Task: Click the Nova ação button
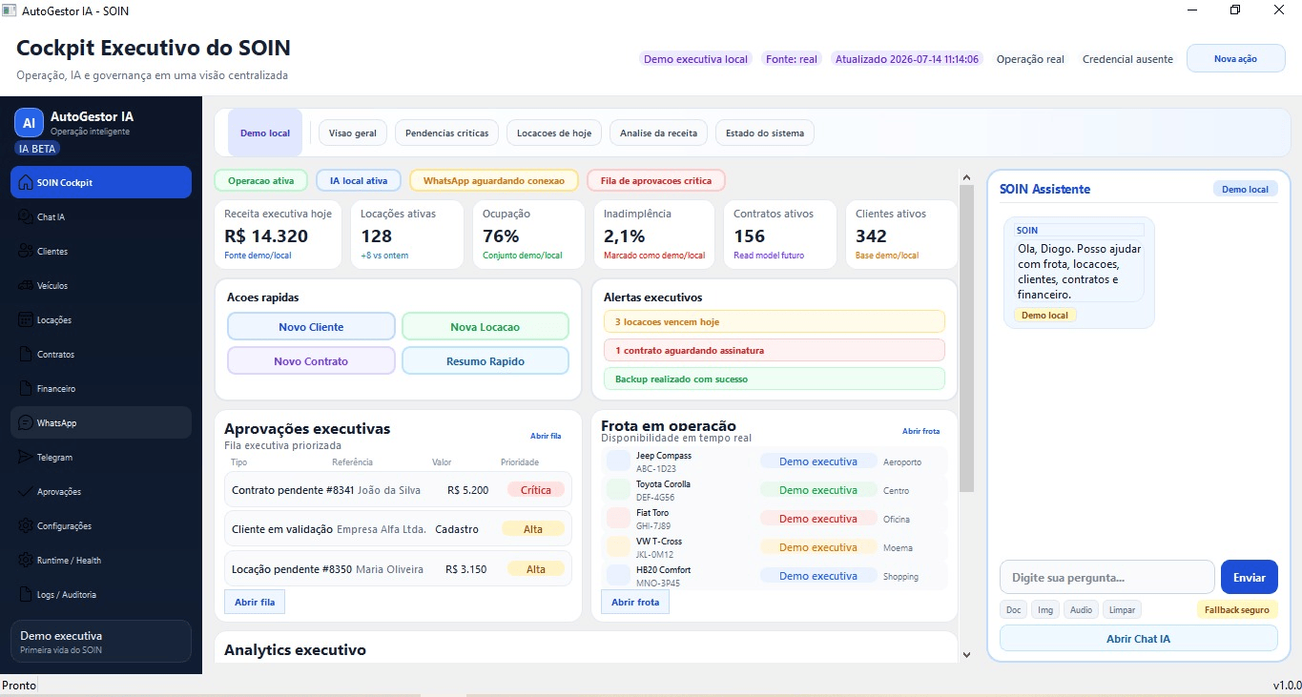(x=1235, y=59)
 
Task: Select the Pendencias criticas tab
(x=446, y=133)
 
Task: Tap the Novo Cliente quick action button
(x=311, y=326)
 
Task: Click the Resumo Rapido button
(x=486, y=360)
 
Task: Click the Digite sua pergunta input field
(x=1106, y=578)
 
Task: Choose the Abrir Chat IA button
(x=1138, y=638)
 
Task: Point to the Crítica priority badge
(x=535, y=490)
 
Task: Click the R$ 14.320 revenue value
(x=266, y=236)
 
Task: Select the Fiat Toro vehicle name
(x=652, y=512)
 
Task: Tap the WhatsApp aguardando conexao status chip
(x=493, y=180)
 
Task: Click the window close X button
(x=1279, y=10)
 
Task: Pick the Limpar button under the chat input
(x=1122, y=610)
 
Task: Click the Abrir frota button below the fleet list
(x=634, y=602)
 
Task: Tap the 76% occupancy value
(x=501, y=236)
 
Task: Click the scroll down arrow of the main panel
(x=966, y=655)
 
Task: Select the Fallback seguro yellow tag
(x=1236, y=610)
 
